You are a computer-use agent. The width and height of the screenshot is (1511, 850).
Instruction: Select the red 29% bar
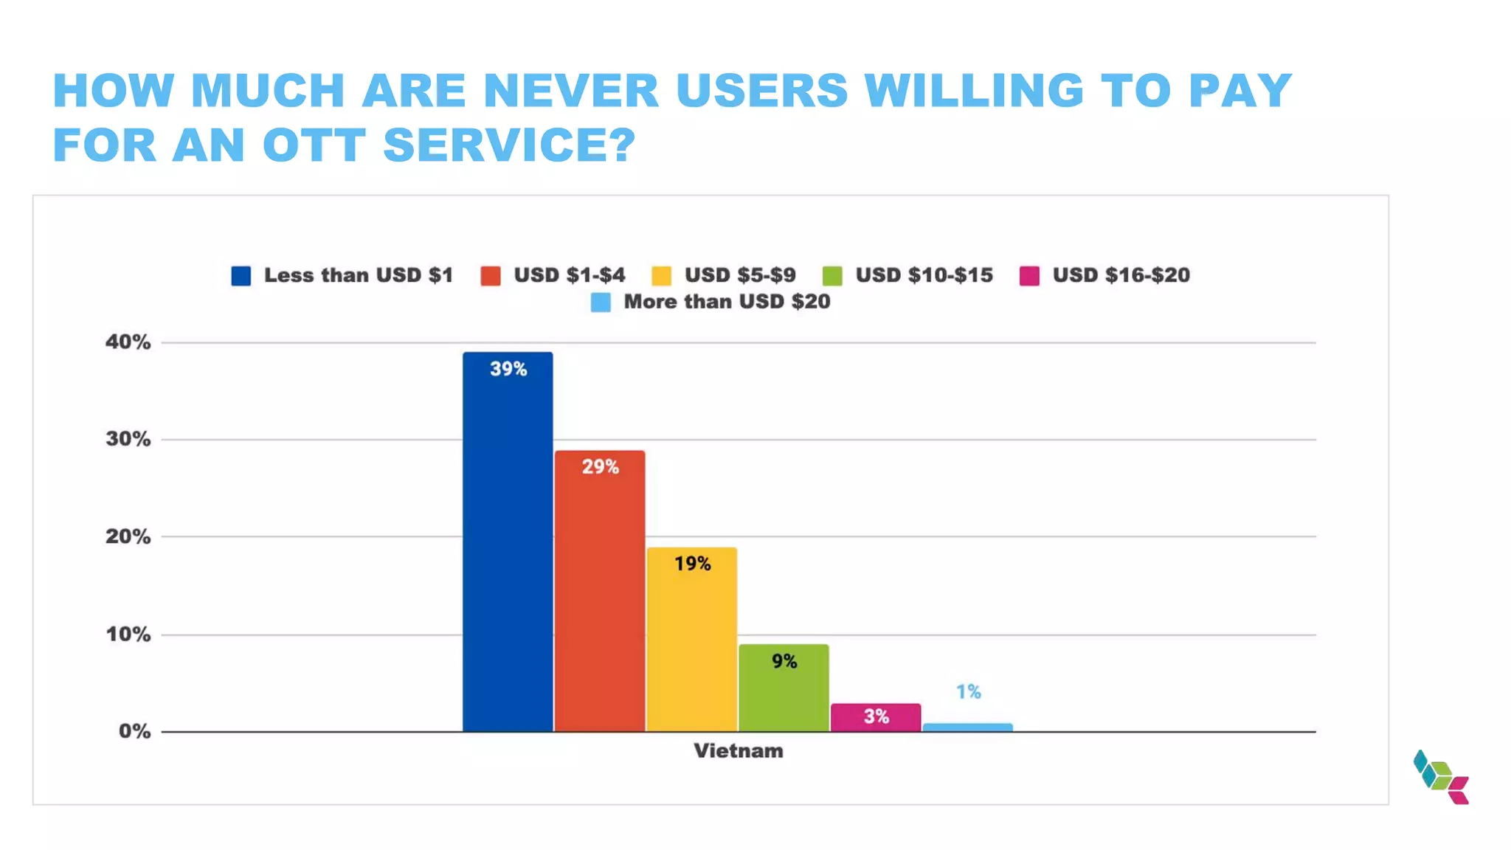point(600,591)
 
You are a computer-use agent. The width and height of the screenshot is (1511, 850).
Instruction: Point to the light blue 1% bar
point(967,728)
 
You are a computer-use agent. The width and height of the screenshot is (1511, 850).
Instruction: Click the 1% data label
point(968,691)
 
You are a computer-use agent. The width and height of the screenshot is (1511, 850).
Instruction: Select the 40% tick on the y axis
point(128,342)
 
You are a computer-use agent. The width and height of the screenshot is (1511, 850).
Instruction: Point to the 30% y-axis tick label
point(128,439)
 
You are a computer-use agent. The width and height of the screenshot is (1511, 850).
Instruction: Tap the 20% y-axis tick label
point(128,536)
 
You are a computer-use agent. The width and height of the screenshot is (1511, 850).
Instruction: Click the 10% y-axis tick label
point(128,634)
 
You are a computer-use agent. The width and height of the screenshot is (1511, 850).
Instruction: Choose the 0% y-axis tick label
point(134,731)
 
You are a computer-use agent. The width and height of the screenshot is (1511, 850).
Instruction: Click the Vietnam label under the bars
point(738,751)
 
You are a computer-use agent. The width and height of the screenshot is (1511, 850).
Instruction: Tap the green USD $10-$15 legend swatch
point(832,276)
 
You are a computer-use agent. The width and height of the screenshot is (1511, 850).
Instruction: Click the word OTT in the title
point(314,145)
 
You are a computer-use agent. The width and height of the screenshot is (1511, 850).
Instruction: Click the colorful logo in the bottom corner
point(1441,777)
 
